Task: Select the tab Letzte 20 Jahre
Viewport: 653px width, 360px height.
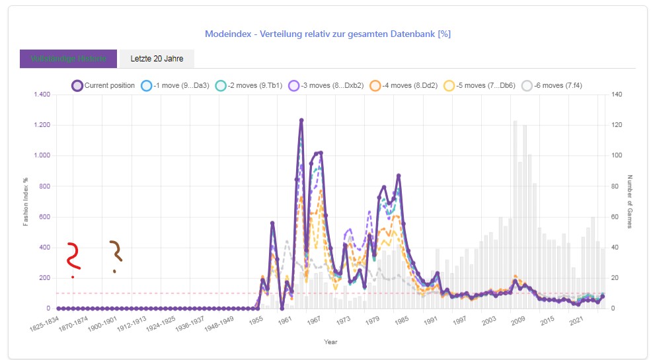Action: tap(157, 59)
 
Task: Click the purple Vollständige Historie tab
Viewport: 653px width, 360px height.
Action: tap(68, 59)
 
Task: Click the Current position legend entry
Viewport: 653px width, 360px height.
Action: tap(103, 85)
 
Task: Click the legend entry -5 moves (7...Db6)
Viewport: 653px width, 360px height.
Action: tap(480, 85)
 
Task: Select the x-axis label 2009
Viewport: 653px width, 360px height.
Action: tap(516, 320)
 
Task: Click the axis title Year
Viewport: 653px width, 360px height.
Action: tap(331, 342)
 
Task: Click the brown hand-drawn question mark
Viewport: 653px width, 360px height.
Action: tap(116, 254)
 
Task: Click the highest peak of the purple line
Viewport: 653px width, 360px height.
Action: tap(301, 120)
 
